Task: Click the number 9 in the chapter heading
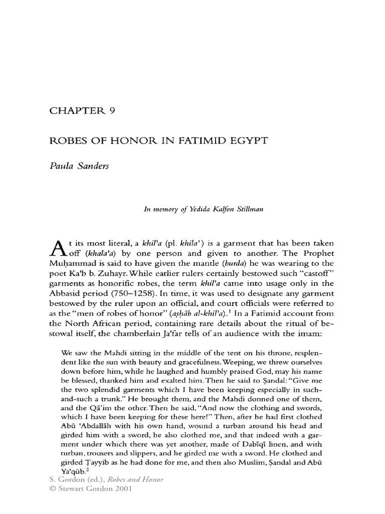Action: (x=113, y=98)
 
